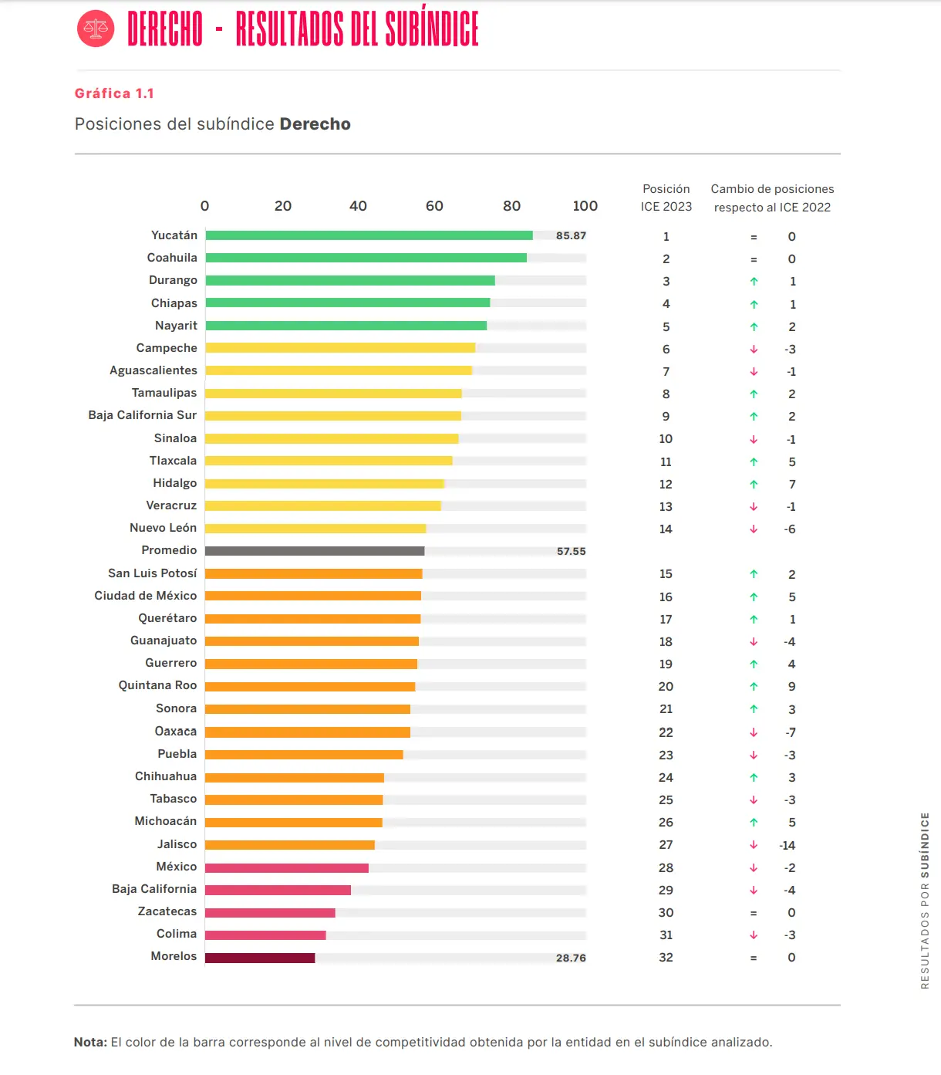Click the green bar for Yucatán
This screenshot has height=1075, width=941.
[369, 235]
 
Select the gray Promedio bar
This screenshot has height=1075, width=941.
[315, 551]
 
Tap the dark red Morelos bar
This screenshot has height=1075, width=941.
[260, 958]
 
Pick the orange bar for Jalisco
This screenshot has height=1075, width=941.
[290, 845]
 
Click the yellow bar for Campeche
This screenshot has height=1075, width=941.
[340, 348]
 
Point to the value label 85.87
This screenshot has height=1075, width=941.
[571, 235]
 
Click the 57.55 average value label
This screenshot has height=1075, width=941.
[571, 551]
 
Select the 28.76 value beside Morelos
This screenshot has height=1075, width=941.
[571, 958]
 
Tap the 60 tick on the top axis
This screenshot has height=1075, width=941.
[434, 206]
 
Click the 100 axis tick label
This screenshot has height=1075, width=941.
[585, 206]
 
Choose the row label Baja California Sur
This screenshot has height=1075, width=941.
[143, 415]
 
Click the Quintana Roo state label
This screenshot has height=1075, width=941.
[157, 685]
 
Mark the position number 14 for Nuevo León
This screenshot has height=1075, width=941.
[666, 529]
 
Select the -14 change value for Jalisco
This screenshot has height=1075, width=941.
[788, 845]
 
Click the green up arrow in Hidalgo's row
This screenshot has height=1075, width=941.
[754, 485]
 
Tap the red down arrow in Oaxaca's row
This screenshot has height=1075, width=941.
[754, 732]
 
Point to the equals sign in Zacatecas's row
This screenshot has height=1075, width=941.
[754, 913]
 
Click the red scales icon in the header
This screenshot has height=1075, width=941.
[96, 29]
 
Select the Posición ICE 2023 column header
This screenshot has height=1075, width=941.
[666, 198]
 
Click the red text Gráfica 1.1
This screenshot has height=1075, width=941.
[114, 93]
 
